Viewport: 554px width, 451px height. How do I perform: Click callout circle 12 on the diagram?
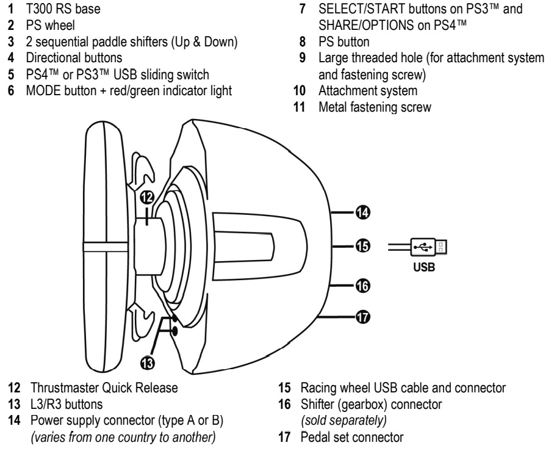pos(147,197)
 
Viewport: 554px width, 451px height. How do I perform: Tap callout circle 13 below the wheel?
pos(147,363)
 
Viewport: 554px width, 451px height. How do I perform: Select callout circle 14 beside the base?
pos(362,212)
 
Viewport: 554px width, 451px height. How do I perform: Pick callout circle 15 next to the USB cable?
pos(362,246)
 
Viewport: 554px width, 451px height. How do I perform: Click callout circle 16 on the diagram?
pos(362,286)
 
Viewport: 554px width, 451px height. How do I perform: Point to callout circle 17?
pos(362,317)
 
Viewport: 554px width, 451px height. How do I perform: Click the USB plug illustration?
pos(428,247)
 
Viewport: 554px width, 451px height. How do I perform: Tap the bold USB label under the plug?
pos(424,267)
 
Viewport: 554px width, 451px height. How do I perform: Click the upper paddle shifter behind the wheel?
pos(142,168)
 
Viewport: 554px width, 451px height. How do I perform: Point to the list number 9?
pos(303,57)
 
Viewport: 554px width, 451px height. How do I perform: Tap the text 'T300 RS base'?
pos(63,9)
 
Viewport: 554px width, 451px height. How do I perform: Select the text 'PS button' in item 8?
pos(344,41)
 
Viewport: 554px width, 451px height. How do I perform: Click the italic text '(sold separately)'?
pos(344,420)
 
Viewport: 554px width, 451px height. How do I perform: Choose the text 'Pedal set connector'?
pos(352,437)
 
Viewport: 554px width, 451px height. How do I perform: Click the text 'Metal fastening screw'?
pos(375,107)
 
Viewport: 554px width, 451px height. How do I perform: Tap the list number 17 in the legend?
pos(284,437)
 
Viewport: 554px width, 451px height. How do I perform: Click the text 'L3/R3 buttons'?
pos(67,404)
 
